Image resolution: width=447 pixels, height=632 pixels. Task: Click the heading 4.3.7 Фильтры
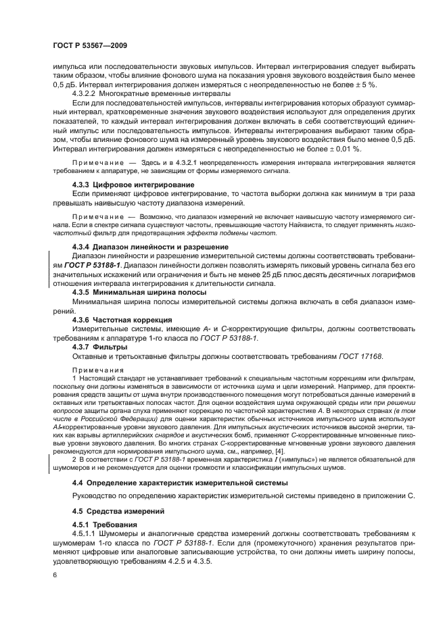click(95, 346)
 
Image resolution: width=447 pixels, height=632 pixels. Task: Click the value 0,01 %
click(344, 148)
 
